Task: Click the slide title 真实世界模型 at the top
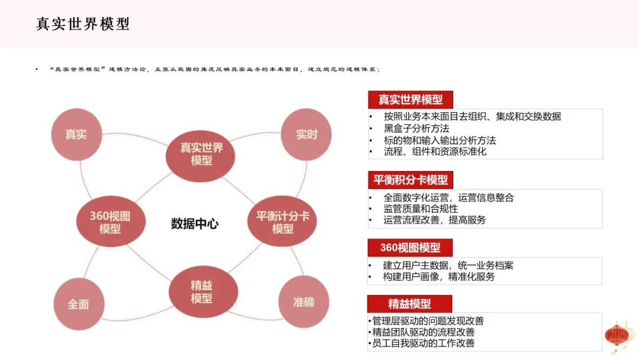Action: pyautogui.click(x=83, y=24)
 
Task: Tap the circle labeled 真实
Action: pyautogui.click(x=76, y=134)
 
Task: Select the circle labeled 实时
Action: pyautogui.click(x=306, y=134)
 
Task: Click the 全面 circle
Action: pyautogui.click(x=79, y=304)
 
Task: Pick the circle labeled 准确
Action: pyautogui.click(x=304, y=302)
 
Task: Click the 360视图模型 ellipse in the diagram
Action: pyautogui.click(x=111, y=221)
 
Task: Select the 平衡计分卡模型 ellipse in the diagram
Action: pyautogui.click(x=282, y=221)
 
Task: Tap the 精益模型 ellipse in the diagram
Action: pyautogui.click(x=203, y=291)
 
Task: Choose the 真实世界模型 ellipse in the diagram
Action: pyautogui.click(x=201, y=156)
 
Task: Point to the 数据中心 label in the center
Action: pyautogui.click(x=195, y=224)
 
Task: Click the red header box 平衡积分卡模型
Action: pyautogui.click(x=411, y=180)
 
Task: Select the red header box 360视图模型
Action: pyautogui.click(x=410, y=247)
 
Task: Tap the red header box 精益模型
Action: pyautogui.click(x=409, y=304)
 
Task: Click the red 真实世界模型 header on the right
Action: pyautogui.click(x=411, y=99)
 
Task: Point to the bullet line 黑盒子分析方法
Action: pyautogui.click(x=416, y=128)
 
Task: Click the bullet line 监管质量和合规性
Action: pyautogui.click(x=421, y=209)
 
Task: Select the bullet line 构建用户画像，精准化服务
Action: pyautogui.click(x=438, y=277)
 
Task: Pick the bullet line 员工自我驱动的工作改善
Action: pyautogui.click(x=423, y=343)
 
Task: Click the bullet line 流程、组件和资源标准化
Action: pyautogui.click(x=435, y=152)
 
